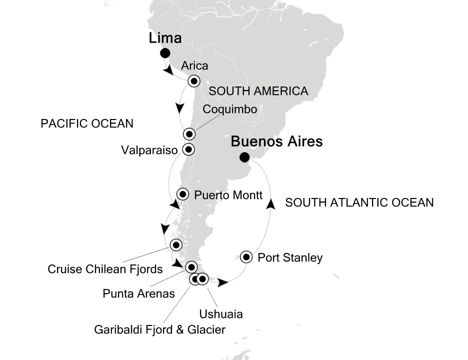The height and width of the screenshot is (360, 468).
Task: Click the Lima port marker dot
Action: pos(164,53)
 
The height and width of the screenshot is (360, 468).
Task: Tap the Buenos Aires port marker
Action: pos(244,157)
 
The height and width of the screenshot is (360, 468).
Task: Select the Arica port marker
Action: pos(193,81)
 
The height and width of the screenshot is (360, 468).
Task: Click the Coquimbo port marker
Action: pos(188,133)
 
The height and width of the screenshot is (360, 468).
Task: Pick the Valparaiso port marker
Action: pos(188,148)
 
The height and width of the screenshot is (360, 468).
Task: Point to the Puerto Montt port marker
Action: pos(183,194)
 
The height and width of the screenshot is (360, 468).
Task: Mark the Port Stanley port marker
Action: pos(246,257)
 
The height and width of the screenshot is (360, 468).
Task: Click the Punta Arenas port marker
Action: pos(191,266)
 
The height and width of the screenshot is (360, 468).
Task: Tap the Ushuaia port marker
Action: pos(202,279)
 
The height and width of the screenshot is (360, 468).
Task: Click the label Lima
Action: pos(164,38)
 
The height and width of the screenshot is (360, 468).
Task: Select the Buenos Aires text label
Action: pos(276,142)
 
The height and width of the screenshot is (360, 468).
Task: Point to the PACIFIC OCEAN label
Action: pos(87,123)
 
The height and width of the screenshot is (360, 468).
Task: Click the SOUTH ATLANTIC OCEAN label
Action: pos(359,202)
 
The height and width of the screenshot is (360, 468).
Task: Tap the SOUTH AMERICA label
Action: pos(258,91)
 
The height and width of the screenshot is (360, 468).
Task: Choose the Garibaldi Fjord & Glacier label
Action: pos(160,329)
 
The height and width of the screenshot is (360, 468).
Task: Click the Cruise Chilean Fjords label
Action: pos(105,269)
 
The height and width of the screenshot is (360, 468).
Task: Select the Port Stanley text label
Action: pos(290,258)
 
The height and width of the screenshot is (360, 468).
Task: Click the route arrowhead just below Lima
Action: pos(168,71)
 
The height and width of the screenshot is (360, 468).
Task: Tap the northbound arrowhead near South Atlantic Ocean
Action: pos(271,202)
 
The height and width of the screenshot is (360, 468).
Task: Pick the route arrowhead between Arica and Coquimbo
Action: pos(180,107)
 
